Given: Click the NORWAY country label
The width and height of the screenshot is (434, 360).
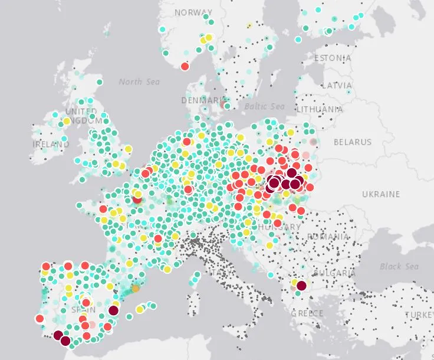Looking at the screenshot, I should (x=193, y=12).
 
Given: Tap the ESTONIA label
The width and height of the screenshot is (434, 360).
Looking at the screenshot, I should (x=333, y=58).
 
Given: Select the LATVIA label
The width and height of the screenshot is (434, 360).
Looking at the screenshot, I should (x=337, y=86).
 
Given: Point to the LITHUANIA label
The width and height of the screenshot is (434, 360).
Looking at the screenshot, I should (x=320, y=109).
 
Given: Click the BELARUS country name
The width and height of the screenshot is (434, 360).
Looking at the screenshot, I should (x=353, y=142).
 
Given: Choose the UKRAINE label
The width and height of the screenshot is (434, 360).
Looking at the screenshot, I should (x=381, y=194).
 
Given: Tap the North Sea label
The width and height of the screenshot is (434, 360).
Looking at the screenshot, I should (x=139, y=81).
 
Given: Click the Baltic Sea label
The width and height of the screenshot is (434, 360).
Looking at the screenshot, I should (x=264, y=107).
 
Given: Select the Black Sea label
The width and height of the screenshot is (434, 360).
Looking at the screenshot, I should (x=399, y=267).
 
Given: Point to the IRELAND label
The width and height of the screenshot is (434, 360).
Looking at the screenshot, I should (x=51, y=143).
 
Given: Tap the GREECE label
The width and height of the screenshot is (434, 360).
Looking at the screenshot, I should (x=307, y=313).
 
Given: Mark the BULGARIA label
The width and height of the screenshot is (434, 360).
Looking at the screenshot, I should (x=334, y=273).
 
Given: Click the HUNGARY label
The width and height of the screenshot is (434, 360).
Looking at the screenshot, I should (x=280, y=227).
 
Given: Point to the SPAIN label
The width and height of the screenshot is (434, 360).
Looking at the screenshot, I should (x=83, y=309).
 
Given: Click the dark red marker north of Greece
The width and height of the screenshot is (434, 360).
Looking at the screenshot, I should (x=301, y=286).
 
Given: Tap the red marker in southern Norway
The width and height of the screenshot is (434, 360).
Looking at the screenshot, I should (x=185, y=66).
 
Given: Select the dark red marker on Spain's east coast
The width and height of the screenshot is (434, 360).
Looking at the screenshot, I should (x=114, y=310).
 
